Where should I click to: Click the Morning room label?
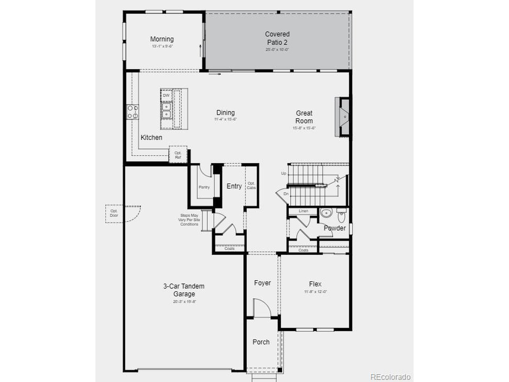click(162, 39)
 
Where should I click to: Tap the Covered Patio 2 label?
click(277, 38)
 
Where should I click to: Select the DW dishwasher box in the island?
click(166, 95)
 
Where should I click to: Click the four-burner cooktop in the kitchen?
click(132, 112)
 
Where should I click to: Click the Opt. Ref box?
click(178, 155)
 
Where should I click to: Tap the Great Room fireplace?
click(343, 117)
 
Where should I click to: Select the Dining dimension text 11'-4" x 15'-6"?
click(225, 119)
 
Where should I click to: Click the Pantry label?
click(204, 187)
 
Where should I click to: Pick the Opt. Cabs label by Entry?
click(251, 185)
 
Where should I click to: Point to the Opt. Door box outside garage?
click(114, 213)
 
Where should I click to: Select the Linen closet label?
click(303, 211)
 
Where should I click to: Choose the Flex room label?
click(315, 284)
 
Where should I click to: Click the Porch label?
click(261, 342)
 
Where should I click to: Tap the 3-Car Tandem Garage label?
click(184, 290)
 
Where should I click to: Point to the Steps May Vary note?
click(189, 220)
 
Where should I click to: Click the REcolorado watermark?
click(390, 377)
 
